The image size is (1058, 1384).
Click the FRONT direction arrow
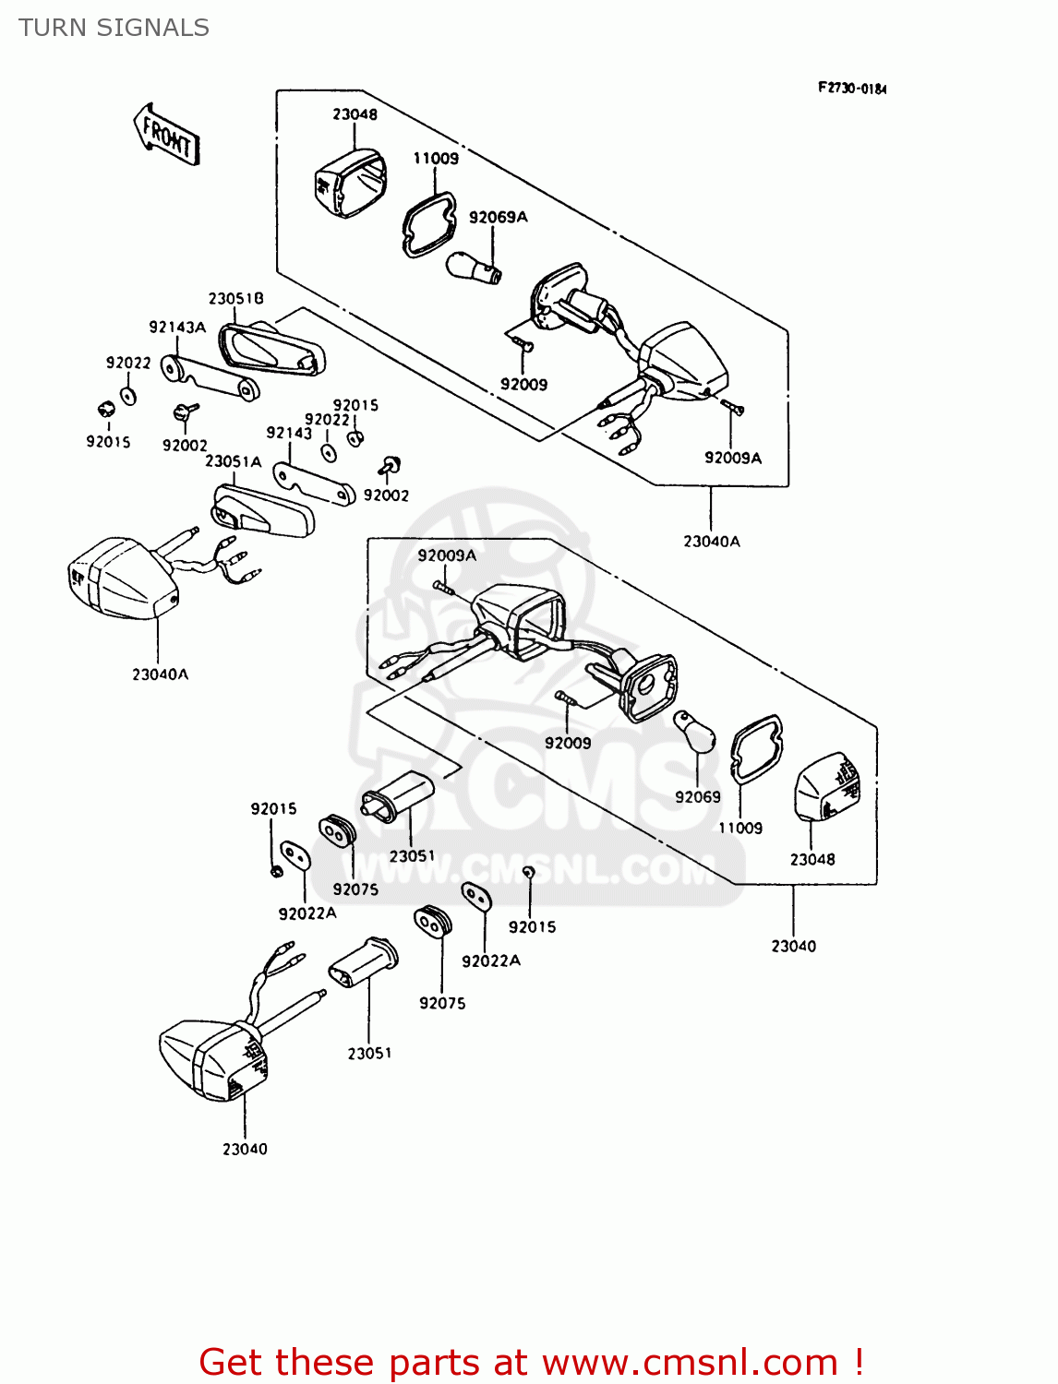[x=167, y=135]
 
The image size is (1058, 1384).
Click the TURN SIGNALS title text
[x=114, y=28]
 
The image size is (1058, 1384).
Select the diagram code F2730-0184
[x=851, y=89]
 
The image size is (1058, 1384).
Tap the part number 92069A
[x=498, y=217]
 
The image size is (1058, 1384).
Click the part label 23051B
[x=235, y=298]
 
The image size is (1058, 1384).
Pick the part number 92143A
[x=177, y=327]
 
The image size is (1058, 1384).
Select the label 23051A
[x=233, y=460]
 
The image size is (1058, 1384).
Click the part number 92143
[x=289, y=433]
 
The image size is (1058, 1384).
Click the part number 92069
[x=697, y=797]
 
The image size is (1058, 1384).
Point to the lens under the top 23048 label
[x=350, y=183]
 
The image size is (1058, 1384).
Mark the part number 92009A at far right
[x=732, y=458]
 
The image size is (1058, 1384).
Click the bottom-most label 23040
[x=245, y=1149]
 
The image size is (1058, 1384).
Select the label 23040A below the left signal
[x=160, y=674]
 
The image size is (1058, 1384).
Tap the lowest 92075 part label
[x=442, y=1003]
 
